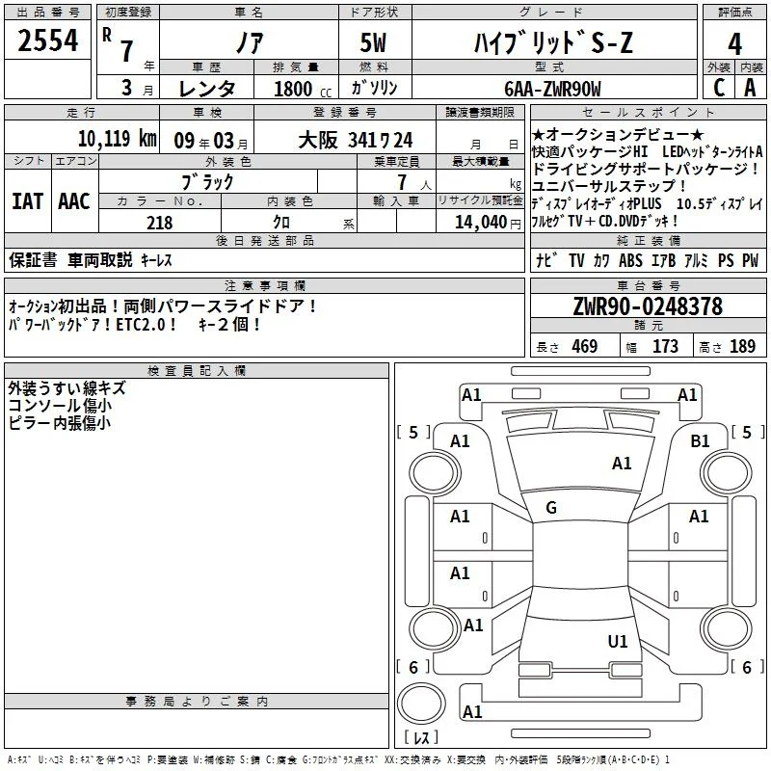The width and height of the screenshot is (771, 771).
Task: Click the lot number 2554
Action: tap(47, 40)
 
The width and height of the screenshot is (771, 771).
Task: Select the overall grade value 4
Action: tap(734, 44)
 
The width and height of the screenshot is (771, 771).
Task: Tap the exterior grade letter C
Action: tap(719, 88)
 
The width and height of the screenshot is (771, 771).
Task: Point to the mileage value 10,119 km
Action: tap(117, 139)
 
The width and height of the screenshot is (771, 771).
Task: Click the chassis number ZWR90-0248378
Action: tap(648, 306)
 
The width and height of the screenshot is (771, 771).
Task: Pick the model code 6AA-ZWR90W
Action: tap(552, 89)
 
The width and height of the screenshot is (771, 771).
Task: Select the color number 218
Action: tap(159, 223)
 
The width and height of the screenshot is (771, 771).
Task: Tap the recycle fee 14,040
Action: tap(480, 223)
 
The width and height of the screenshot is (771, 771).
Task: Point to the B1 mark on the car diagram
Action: tap(700, 441)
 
